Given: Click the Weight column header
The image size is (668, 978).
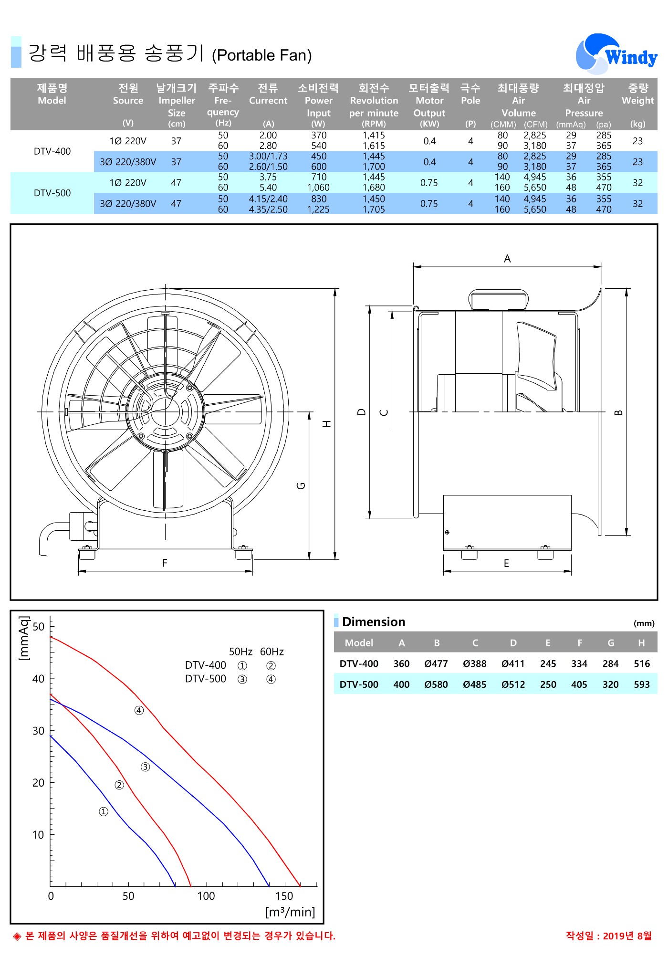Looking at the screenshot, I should pos(637,95).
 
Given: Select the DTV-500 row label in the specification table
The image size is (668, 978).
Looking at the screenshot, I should pos(52,193).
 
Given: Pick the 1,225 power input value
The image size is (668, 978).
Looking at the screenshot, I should pos(318,210).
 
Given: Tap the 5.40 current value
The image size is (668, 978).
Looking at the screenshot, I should pos(268,188).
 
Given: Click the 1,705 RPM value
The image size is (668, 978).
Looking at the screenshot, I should pos(374,210).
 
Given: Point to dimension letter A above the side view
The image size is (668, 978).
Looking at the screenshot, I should pos(507,259).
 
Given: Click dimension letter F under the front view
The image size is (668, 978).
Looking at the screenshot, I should pos(165,563).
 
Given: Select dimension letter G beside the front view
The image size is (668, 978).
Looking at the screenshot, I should pos(301,486).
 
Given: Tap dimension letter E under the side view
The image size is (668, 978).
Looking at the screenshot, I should pos(506,564).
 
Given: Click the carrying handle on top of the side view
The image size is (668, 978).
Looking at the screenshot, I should pos(498,299).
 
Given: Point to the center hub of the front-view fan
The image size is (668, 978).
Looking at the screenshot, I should pos(166,411).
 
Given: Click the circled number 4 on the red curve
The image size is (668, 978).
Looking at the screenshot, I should pos(139,711).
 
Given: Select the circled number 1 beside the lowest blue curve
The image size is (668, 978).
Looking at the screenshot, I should pos(104,811).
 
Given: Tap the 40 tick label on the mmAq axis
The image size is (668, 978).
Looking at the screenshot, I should pos(38,679).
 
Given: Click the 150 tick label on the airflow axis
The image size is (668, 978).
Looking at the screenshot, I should pos(284,896).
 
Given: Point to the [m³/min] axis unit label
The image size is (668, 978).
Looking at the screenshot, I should pos(290,912).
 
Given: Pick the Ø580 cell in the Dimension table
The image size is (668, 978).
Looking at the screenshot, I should pos(436,684).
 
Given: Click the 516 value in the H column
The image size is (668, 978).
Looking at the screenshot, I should pos(642,664).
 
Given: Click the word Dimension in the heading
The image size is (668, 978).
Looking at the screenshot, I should pos(374,622).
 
